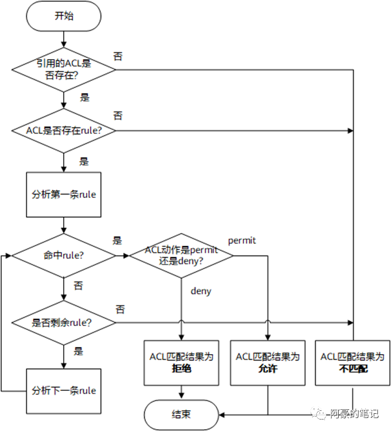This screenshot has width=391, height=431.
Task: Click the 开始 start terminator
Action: pyautogui.click(x=64, y=16)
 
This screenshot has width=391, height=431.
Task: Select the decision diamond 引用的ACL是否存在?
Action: pyautogui.click(x=64, y=69)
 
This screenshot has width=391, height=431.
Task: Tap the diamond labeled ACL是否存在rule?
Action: pyautogui.click(x=64, y=130)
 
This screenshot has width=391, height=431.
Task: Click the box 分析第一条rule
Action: pyautogui.click(x=64, y=194)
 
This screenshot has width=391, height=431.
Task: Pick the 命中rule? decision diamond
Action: pyautogui.click(x=64, y=255)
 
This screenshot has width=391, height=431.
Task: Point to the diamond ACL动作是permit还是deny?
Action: pyautogui.click(x=181, y=255)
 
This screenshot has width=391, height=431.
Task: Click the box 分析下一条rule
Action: pyautogui.click(x=64, y=390)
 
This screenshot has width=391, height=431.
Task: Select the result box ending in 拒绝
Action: pyautogui.click(x=181, y=363)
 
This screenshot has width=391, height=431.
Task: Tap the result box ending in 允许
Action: pyautogui.click(x=268, y=363)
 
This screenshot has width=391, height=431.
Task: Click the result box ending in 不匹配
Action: pyautogui.click(x=353, y=363)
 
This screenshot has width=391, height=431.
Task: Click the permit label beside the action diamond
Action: pyautogui.click(x=242, y=240)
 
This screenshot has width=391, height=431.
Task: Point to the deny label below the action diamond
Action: pyautogui.click(x=200, y=291)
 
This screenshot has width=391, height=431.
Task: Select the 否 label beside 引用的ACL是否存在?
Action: pyautogui.click(x=118, y=56)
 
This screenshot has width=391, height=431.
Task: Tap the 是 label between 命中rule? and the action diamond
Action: pyautogui.click(x=117, y=240)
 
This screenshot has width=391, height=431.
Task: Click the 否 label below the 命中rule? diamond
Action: pyautogui.click(x=78, y=285)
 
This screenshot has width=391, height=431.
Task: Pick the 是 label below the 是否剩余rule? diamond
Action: pyautogui.click(x=78, y=351)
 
